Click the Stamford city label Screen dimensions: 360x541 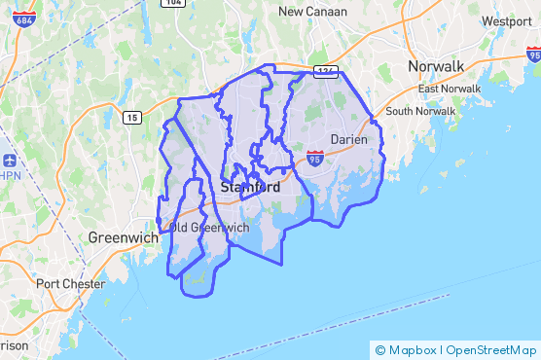coord(250,186)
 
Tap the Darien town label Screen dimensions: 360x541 coord(348,139)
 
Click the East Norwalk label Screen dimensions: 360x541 coord(449,89)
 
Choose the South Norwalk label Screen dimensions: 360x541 coord(420,111)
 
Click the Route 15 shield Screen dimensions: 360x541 coord(130,117)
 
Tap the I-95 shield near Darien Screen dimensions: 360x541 coord(314,156)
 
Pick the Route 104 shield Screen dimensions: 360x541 coord(173,3)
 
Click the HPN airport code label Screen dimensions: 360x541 coord(9,176)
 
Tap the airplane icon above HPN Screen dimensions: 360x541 coord(10,160)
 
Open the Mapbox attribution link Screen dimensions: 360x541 coord(413,350)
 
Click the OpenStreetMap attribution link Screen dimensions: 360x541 coord(491,350)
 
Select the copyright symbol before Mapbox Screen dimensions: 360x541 coord(379,350)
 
